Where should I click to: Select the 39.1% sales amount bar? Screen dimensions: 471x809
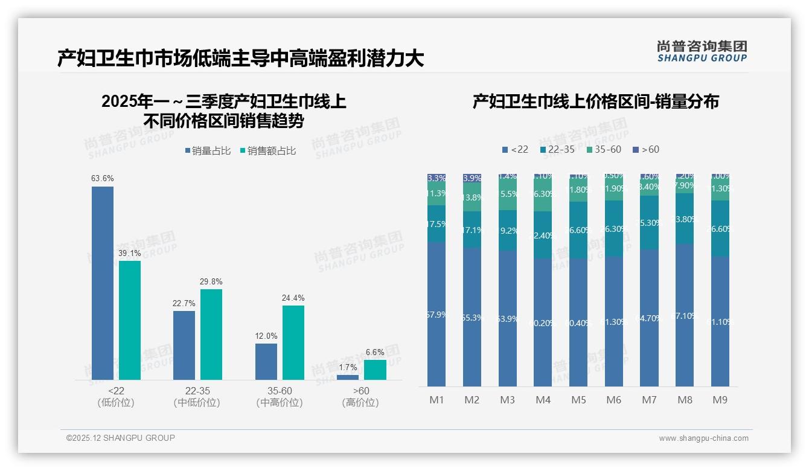coord(130,320)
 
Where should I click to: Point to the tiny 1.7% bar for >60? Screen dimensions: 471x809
coord(348,377)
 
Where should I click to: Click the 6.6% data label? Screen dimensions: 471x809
coord(375,352)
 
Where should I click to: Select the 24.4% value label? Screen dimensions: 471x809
coord(293,298)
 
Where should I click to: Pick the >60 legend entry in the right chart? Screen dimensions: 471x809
coord(646,149)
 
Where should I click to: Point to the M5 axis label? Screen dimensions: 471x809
coord(578,400)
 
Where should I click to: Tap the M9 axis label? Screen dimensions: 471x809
coord(720,400)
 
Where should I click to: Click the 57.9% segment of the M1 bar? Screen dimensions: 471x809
coord(436,314)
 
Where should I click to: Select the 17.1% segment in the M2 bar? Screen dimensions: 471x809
coord(472,229)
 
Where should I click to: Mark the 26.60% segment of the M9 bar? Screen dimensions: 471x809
coord(720,228)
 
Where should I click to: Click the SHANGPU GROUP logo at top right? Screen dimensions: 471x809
coord(702,51)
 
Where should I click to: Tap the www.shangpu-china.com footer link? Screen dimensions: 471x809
coord(703,438)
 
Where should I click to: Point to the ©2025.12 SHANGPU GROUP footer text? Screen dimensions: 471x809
coord(121,438)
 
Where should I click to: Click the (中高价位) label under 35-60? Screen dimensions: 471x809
coord(279,403)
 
